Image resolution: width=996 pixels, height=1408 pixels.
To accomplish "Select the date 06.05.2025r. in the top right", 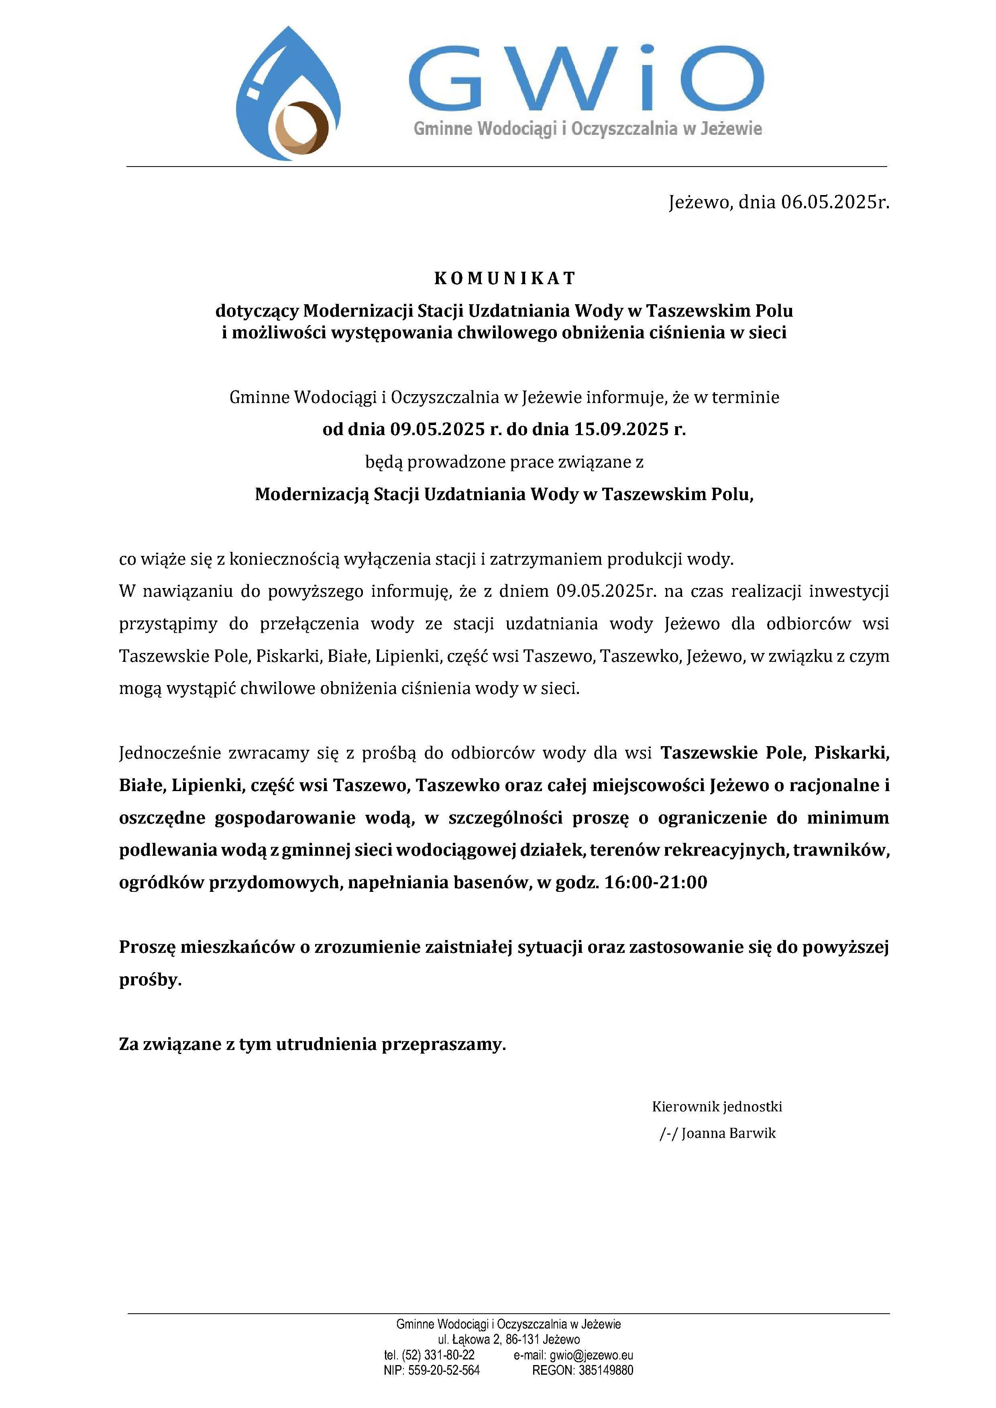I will [x=835, y=202].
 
